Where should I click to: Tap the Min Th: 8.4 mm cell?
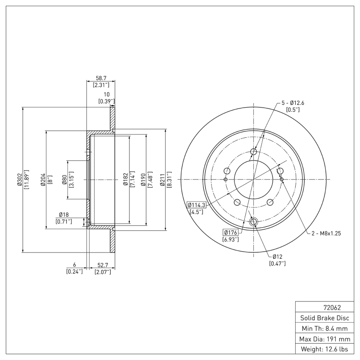click(324, 328)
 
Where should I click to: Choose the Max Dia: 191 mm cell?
click(324, 339)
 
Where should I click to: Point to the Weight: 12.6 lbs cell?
click(324, 349)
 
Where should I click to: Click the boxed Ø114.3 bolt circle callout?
click(196, 205)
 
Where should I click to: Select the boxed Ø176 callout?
click(230, 233)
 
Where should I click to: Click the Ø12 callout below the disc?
click(275, 256)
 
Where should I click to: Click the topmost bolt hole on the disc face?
click(254, 152)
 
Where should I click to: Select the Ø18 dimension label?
click(63, 215)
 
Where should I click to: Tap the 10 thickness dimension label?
click(107, 94)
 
